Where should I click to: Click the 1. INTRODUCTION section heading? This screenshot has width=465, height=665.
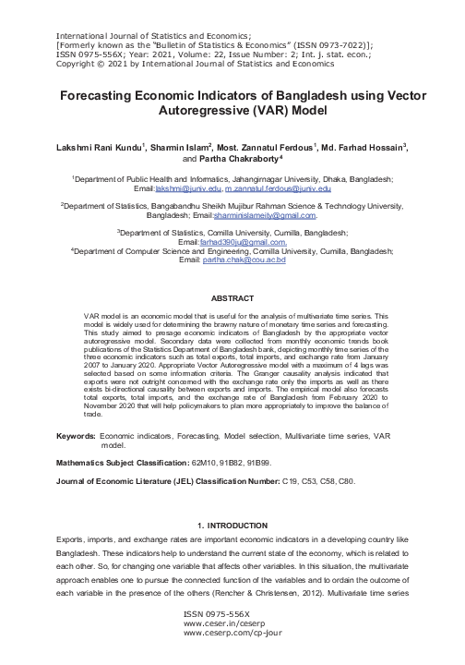(232, 526)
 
